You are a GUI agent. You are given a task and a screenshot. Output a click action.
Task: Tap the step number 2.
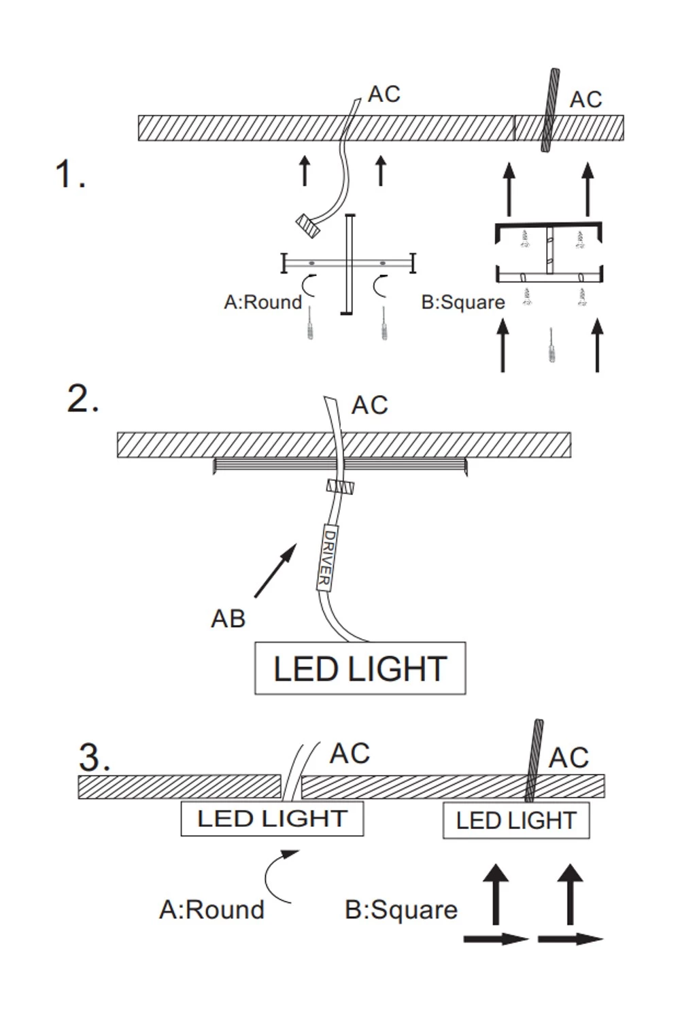(x=82, y=398)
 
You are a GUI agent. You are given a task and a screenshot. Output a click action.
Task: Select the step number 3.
(x=94, y=757)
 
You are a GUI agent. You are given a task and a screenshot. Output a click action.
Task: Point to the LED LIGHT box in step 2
(x=360, y=668)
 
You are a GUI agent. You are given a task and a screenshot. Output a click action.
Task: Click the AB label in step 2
(x=228, y=619)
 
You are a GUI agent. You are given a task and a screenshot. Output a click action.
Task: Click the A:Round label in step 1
(x=262, y=302)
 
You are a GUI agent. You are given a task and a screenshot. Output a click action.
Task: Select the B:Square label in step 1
(x=463, y=302)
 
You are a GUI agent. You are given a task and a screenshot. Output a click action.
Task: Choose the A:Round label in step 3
(x=211, y=909)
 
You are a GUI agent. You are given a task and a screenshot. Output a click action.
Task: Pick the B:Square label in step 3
(x=401, y=910)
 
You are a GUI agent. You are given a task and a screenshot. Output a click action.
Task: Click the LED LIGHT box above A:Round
(x=272, y=819)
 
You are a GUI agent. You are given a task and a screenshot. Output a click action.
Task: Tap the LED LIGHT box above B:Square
(x=515, y=821)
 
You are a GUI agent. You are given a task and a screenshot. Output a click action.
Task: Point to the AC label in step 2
(x=369, y=405)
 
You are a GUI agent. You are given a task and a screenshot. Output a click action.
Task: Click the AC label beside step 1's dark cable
(x=585, y=99)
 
